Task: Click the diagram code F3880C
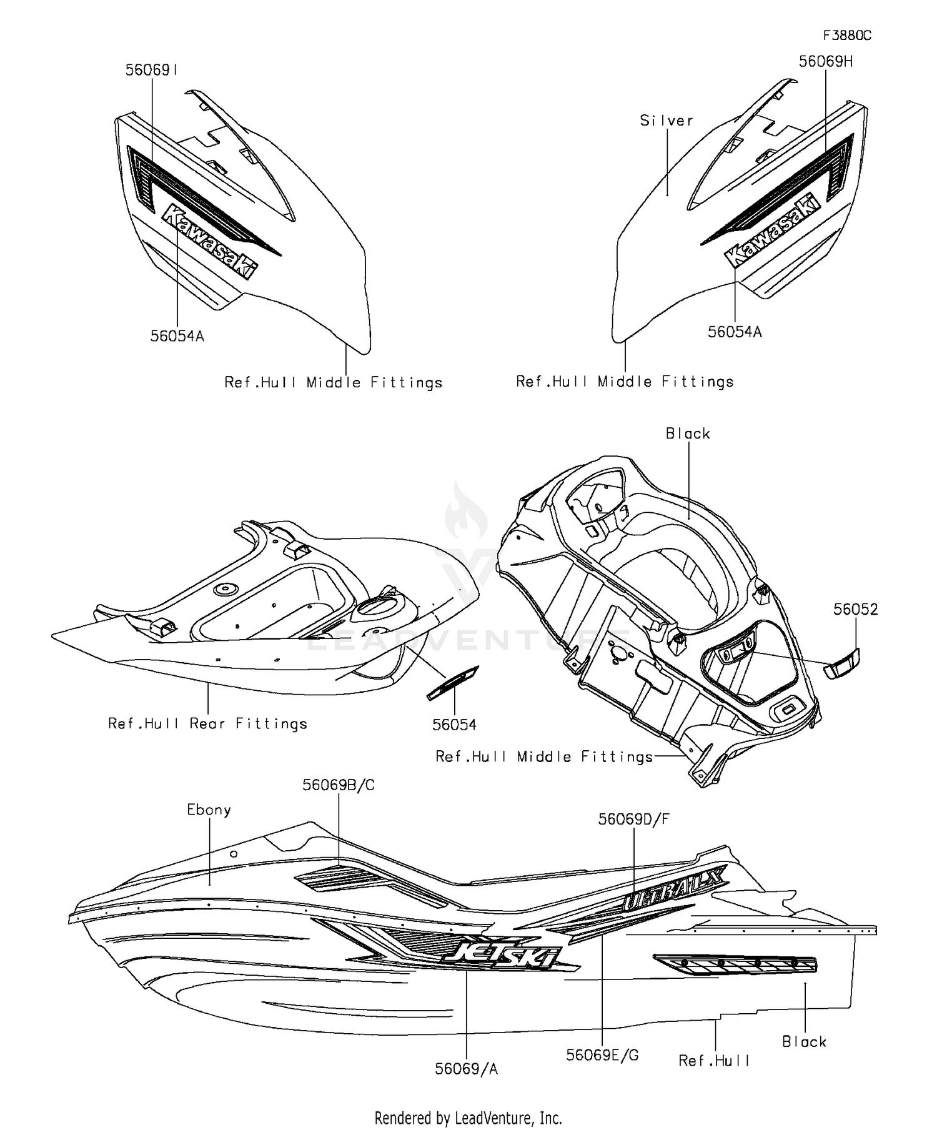(846, 36)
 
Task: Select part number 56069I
(152, 71)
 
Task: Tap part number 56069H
(826, 62)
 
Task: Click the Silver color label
(667, 121)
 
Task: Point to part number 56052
(855, 609)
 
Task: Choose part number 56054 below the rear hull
(454, 725)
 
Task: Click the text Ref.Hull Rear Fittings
(208, 723)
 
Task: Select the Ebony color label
(209, 810)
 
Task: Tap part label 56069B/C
(339, 785)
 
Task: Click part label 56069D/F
(633, 819)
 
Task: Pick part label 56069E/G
(602, 1055)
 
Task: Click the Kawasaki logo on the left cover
(209, 241)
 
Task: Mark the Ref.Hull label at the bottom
(714, 1061)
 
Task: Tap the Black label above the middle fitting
(688, 434)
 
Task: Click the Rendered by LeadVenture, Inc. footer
(468, 1118)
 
